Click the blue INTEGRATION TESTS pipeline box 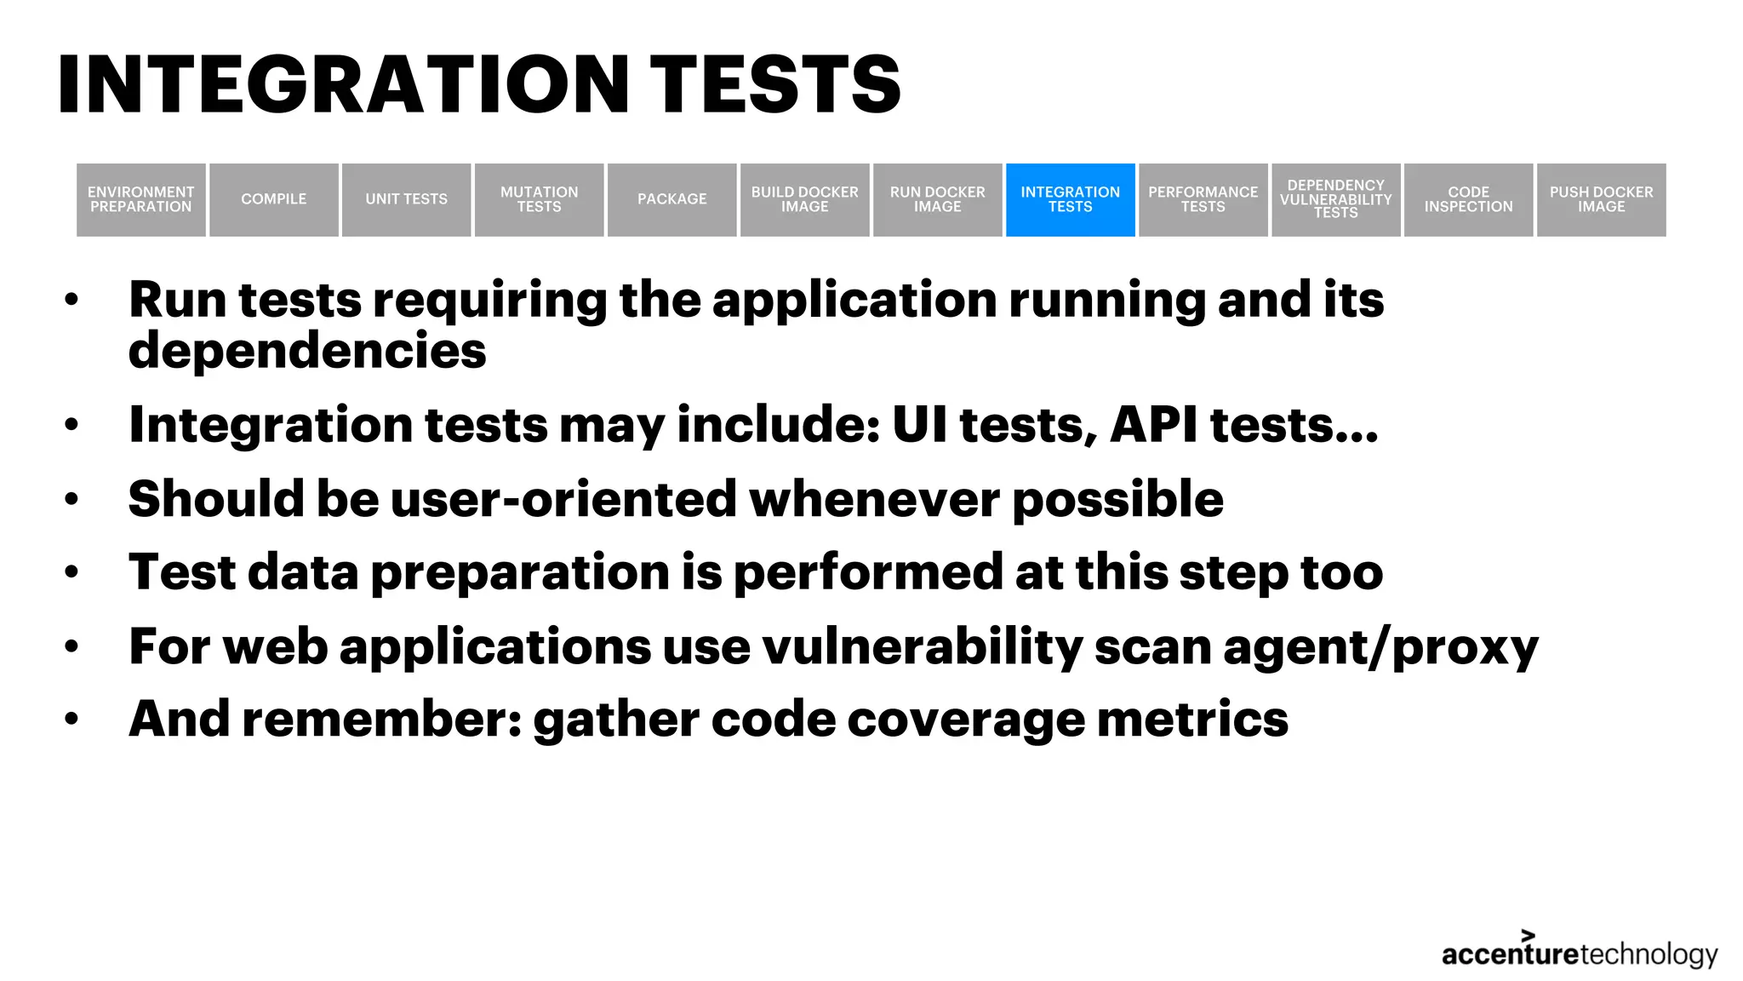click(x=1070, y=199)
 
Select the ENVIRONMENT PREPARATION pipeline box click(x=141, y=199)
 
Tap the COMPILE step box click(x=274, y=199)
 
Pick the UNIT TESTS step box click(x=407, y=199)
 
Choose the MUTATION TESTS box click(x=540, y=199)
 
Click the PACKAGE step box click(x=672, y=199)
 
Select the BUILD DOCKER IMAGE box click(x=805, y=199)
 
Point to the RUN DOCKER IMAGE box click(x=938, y=199)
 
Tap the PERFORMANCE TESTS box click(x=1203, y=199)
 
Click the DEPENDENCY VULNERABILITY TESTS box click(x=1336, y=199)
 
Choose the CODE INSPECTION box click(x=1469, y=199)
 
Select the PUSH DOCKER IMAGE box click(x=1602, y=199)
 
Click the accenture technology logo click(x=1580, y=952)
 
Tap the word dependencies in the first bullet click(x=307, y=351)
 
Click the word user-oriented click(x=563, y=498)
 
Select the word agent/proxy click(x=1380, y=647)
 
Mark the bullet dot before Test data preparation click(x=71, y=572)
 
